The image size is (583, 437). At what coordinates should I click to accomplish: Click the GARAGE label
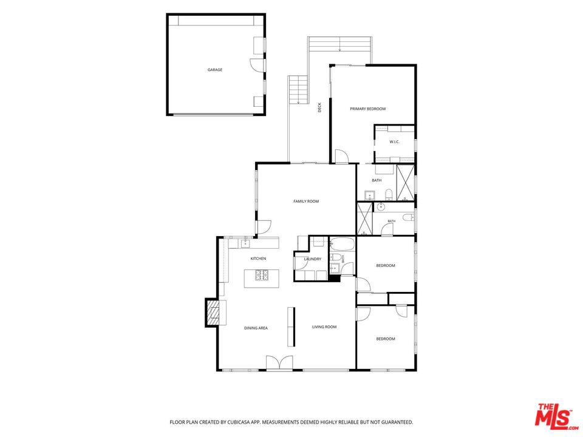(215, 69)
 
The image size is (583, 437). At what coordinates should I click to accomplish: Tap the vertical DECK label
(319, 107)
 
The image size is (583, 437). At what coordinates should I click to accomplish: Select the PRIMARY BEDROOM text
(368, 109)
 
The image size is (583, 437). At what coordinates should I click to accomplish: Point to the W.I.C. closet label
(395, 141)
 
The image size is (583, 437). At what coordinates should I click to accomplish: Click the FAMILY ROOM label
(306, 202)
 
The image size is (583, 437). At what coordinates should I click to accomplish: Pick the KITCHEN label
(258, 259)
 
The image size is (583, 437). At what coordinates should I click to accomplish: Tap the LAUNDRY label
(312, 259)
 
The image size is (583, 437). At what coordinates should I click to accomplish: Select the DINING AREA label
(256, 328)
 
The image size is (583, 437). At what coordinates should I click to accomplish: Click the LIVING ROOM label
(324, 327)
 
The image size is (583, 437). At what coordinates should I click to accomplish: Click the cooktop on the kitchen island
(261, 275)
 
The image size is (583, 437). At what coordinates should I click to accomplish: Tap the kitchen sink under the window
(245, 243)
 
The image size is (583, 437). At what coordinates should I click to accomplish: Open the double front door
(279, 362)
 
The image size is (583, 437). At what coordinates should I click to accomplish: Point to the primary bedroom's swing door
(341, 156)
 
